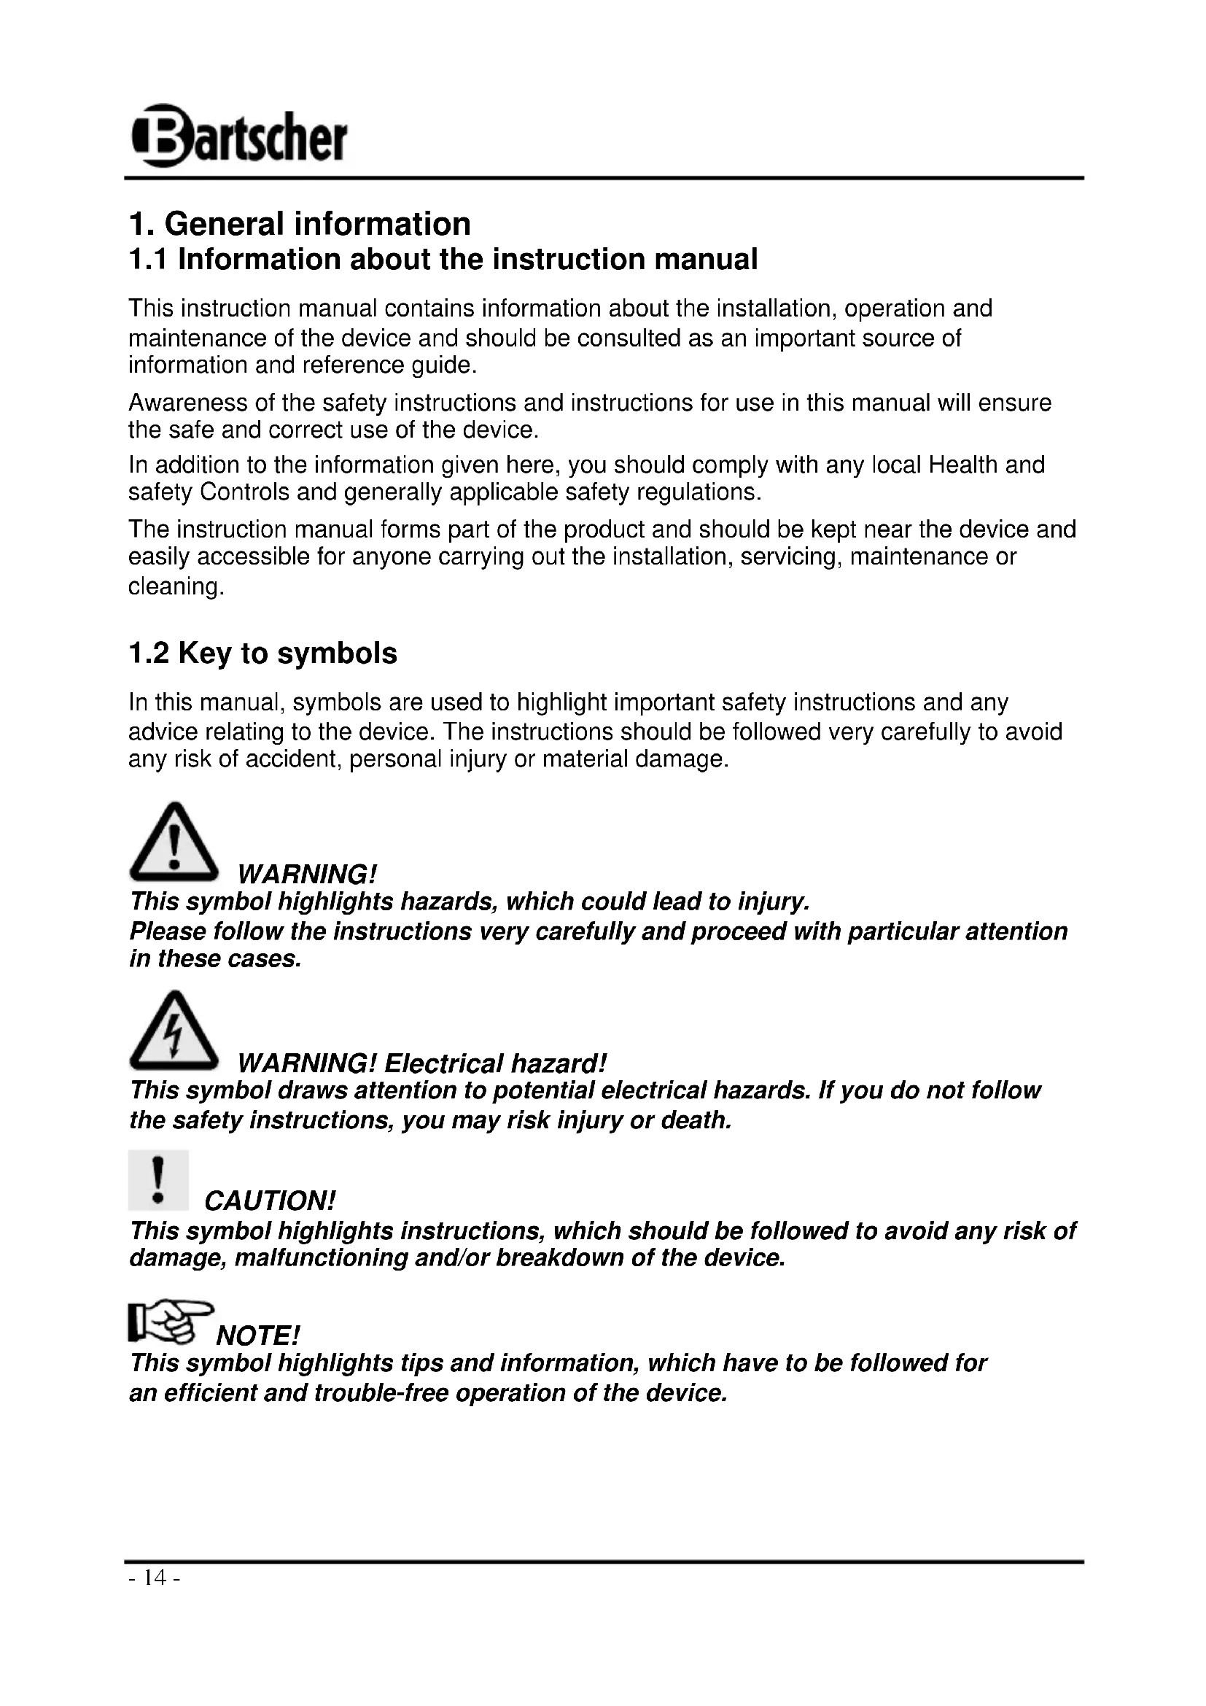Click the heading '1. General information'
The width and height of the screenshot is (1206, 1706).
coord(299,224)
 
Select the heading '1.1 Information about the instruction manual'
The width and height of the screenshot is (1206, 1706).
coord(443,260)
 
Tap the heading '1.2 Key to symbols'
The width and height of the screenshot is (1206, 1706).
coord(263,654)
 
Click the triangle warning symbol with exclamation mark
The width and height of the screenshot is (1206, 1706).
coord(174,840)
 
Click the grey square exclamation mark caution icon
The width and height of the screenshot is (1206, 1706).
coord(158,1180)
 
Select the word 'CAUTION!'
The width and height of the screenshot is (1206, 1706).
coord(271,1201)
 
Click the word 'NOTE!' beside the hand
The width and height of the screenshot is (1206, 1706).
coord(257,1336)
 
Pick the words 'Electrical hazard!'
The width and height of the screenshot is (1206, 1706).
coord(496,1064)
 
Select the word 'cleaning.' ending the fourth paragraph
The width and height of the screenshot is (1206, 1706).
coord(176,587)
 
